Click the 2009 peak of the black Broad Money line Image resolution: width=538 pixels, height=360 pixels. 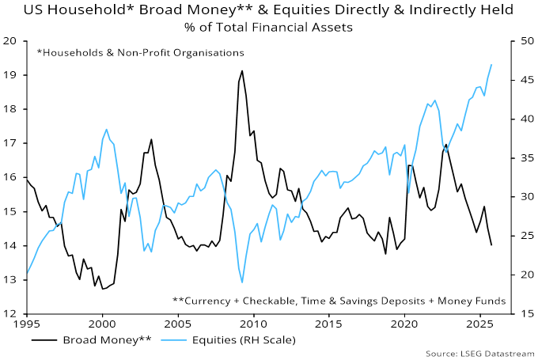(x=242, y=70)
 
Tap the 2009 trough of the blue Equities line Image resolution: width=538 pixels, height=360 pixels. (x=242, y=282)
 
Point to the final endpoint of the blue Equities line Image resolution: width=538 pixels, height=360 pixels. (x=492, y=65)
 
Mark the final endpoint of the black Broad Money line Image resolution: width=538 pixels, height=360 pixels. (x=492, y=245)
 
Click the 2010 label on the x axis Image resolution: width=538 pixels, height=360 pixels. (x=253, y=324)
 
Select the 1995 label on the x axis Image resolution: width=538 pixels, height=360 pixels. (x=27, y=324)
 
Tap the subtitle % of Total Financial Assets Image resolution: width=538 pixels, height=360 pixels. (x=269, y=27)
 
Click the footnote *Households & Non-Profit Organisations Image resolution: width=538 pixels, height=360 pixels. (x=140, y=52)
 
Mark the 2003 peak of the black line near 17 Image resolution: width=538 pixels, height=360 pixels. (x=151, y=139)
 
